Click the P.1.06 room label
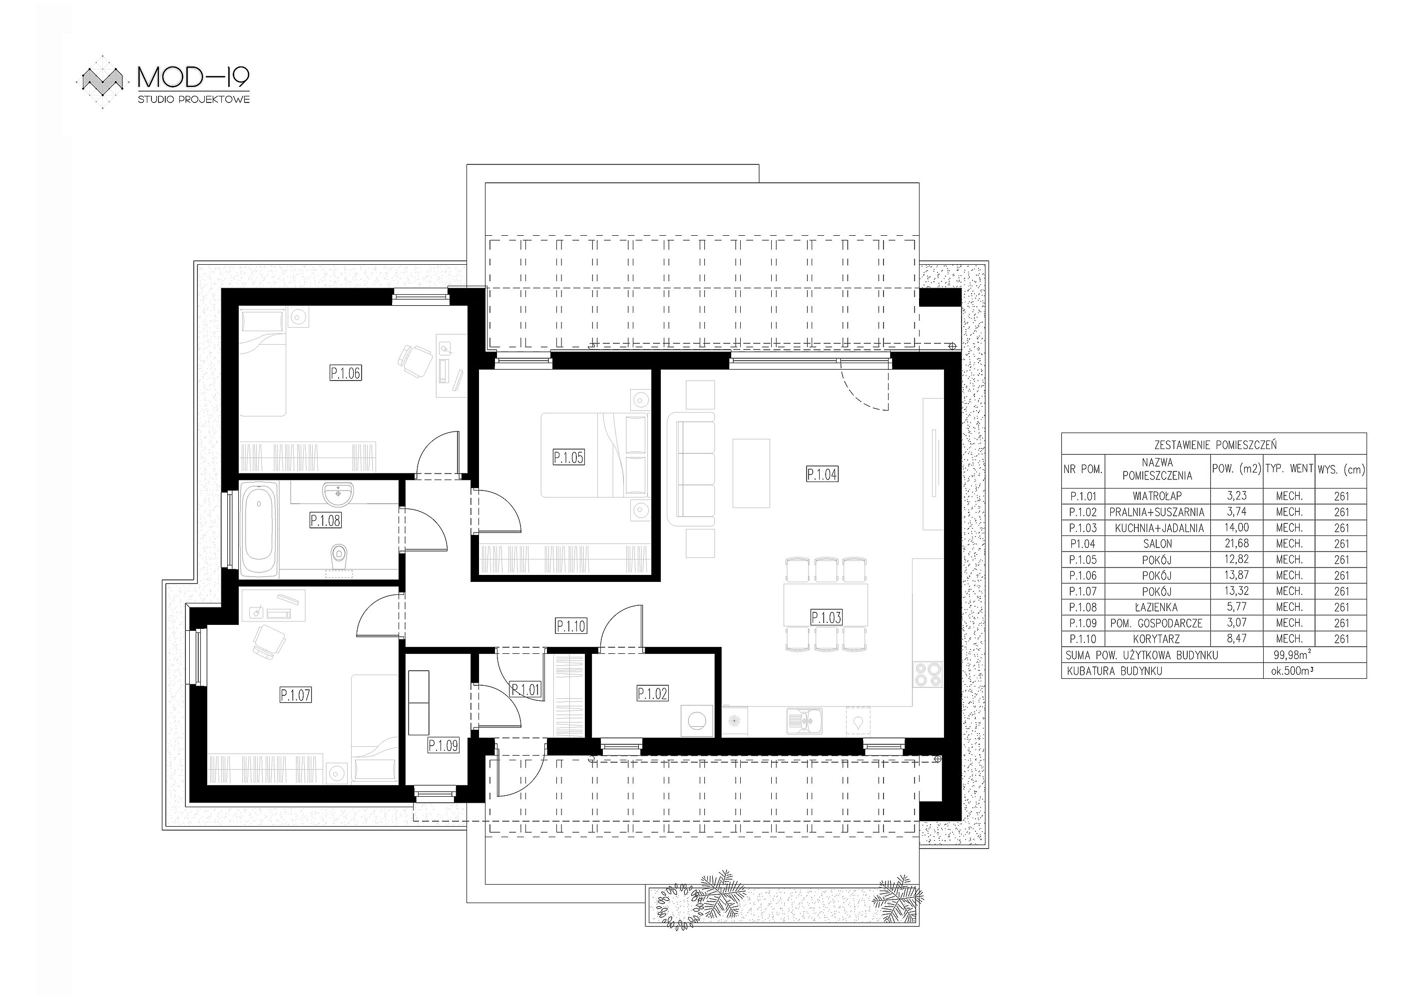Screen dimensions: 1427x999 tap(346, 373)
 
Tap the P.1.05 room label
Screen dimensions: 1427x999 tap(569, 458)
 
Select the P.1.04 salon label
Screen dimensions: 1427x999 tap(822, 475)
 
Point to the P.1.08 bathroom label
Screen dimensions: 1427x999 tap(326, 520)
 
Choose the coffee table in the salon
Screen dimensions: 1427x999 tap(751, 473)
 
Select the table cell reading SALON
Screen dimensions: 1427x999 tap(1157, 543)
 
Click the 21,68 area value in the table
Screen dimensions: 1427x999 tap(1236, 543)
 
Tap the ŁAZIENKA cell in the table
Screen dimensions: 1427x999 tap(1157, 607)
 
